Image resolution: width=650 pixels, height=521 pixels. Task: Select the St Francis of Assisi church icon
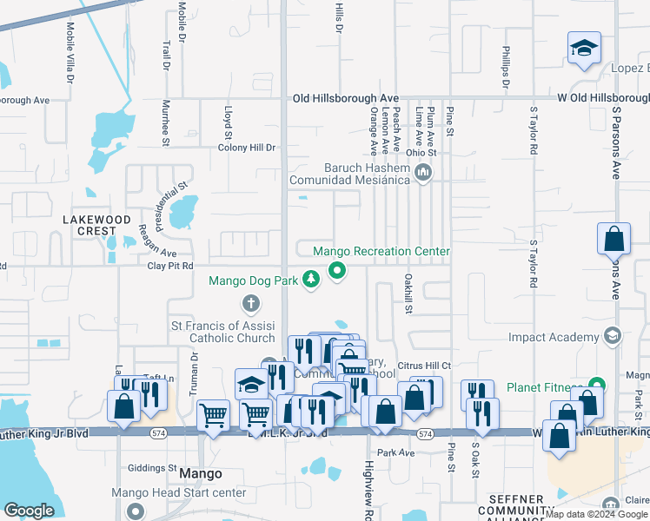pos(250,303)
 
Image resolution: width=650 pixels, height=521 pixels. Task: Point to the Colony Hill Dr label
pos(247,148)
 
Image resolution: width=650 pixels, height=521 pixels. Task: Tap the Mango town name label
pos(200,474)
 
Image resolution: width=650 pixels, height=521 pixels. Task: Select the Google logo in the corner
pos(29,511)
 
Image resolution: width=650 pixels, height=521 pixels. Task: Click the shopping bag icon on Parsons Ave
pos(614,239)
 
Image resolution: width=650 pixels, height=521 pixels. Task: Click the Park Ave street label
pos(396,452)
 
